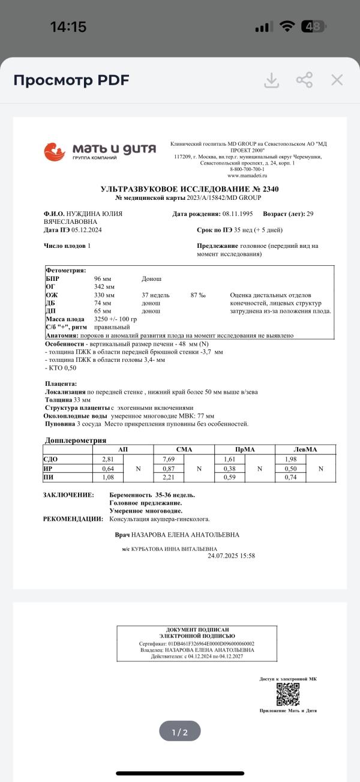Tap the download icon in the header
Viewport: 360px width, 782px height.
(272, 80)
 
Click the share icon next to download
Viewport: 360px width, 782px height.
(304, 80)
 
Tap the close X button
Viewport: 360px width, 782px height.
(337, 80)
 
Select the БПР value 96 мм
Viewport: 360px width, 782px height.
(104, 278)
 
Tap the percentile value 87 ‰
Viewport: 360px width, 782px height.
(198, 295)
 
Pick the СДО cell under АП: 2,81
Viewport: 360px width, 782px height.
(108, 459)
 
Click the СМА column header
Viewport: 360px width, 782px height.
(184, 449)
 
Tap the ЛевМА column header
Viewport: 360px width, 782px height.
(305, 449)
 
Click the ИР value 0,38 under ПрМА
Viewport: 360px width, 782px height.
(229, 468)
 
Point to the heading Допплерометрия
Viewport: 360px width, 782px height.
(76, 440)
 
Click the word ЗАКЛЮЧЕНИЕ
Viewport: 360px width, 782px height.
(68, 495)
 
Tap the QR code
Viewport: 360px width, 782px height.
(288, 694)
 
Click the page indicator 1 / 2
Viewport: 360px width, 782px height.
(180, 732)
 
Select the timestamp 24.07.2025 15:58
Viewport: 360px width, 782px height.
(231, 556)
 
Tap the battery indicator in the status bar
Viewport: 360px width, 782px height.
(313, 26)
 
